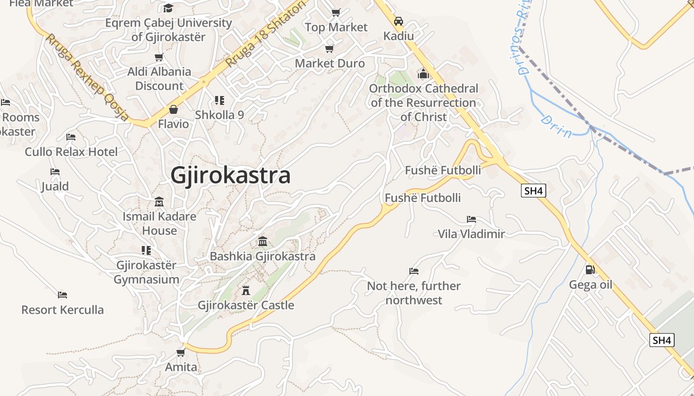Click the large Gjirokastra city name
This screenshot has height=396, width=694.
tap(231, 176)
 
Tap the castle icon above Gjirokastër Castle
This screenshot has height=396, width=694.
tap(246, 290)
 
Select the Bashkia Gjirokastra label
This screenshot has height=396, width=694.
tap(263, 256)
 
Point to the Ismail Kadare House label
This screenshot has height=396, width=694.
tap(159, 223)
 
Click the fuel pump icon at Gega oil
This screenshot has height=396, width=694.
tap(590, 270)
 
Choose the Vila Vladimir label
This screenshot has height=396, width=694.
tap(471, 234)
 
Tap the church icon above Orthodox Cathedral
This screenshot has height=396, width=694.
tap(423, 74)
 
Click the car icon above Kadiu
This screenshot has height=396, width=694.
tap(398, 21)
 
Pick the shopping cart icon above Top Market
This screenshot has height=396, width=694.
tap(336, 12)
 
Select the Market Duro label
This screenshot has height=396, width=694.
tap(330, 63)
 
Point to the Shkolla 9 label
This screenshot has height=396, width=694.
tap(219, 115)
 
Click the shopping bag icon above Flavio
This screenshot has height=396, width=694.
tap(173, 109)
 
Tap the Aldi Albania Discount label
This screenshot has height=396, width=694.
tap(159, 79)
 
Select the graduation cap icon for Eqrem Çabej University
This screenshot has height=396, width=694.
tap(169, 8)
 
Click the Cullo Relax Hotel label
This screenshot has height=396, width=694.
tap(71, 152)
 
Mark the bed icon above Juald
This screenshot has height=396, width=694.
tap(55, 172)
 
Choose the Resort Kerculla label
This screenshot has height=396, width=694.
tap(62, 310)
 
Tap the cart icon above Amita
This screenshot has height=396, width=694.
tap(181, 352)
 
